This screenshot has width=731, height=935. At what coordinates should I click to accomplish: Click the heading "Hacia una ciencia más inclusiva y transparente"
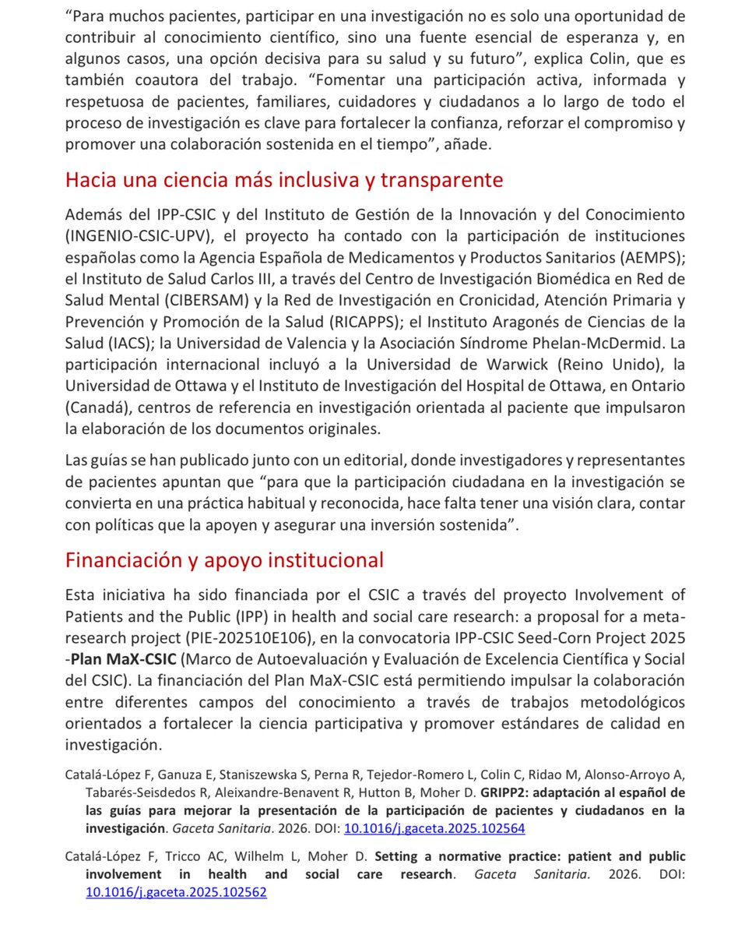(x=284, y=180)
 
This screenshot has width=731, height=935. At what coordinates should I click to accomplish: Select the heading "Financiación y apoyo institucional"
(x=224, y=559)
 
